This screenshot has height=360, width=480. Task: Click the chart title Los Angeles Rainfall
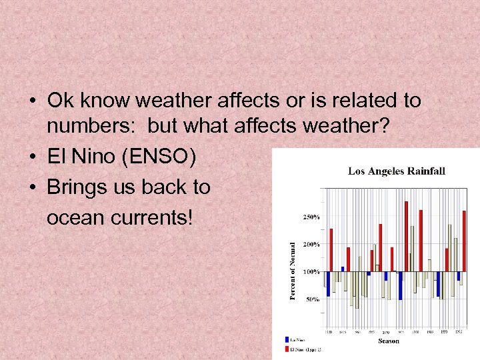coord(397,171)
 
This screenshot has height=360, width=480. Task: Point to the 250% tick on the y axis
coord(311,217)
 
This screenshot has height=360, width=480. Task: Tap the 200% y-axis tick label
coord(311,245)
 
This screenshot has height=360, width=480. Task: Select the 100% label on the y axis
coord(311,272)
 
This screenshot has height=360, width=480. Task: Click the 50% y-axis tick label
coord(313,299)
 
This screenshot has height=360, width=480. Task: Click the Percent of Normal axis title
coord(293,270)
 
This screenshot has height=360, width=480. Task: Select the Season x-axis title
coord(389,341)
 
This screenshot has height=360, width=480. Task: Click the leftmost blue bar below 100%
coord(327,284)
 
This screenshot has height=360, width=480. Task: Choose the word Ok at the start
coord(60,101)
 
